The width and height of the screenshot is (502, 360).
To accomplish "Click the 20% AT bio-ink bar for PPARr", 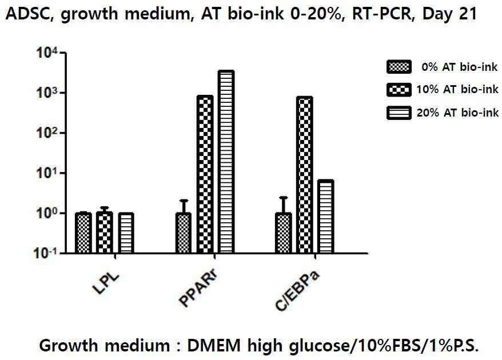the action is (226, 162).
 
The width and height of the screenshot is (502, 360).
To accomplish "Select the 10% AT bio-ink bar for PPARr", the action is (205, 174).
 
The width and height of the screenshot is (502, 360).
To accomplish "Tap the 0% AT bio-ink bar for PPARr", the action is (184, 233).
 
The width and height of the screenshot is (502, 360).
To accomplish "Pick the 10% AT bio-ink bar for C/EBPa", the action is (305, 175).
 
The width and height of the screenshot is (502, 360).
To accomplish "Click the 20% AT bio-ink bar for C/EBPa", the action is (325, 217).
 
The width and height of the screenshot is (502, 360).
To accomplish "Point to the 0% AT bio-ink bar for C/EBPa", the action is (284, 233).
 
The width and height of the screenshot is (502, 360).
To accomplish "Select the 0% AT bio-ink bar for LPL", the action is (83, 233).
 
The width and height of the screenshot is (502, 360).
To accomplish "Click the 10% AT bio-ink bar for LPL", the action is (105, 233).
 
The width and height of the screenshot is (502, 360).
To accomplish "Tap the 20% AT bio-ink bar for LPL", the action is (126, 233).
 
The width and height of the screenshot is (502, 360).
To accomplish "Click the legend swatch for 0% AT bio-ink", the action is (399, 67).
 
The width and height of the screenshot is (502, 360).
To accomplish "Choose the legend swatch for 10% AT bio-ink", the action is (399, 90).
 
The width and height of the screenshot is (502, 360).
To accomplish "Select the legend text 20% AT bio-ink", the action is (457, 113).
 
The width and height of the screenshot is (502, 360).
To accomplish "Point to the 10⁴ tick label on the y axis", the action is (47, 53).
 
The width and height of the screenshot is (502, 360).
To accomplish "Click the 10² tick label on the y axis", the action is (47, 133).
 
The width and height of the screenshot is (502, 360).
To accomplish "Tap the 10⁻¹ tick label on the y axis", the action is (46, 254).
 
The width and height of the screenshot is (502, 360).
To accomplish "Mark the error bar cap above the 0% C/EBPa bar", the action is (284, 198).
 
